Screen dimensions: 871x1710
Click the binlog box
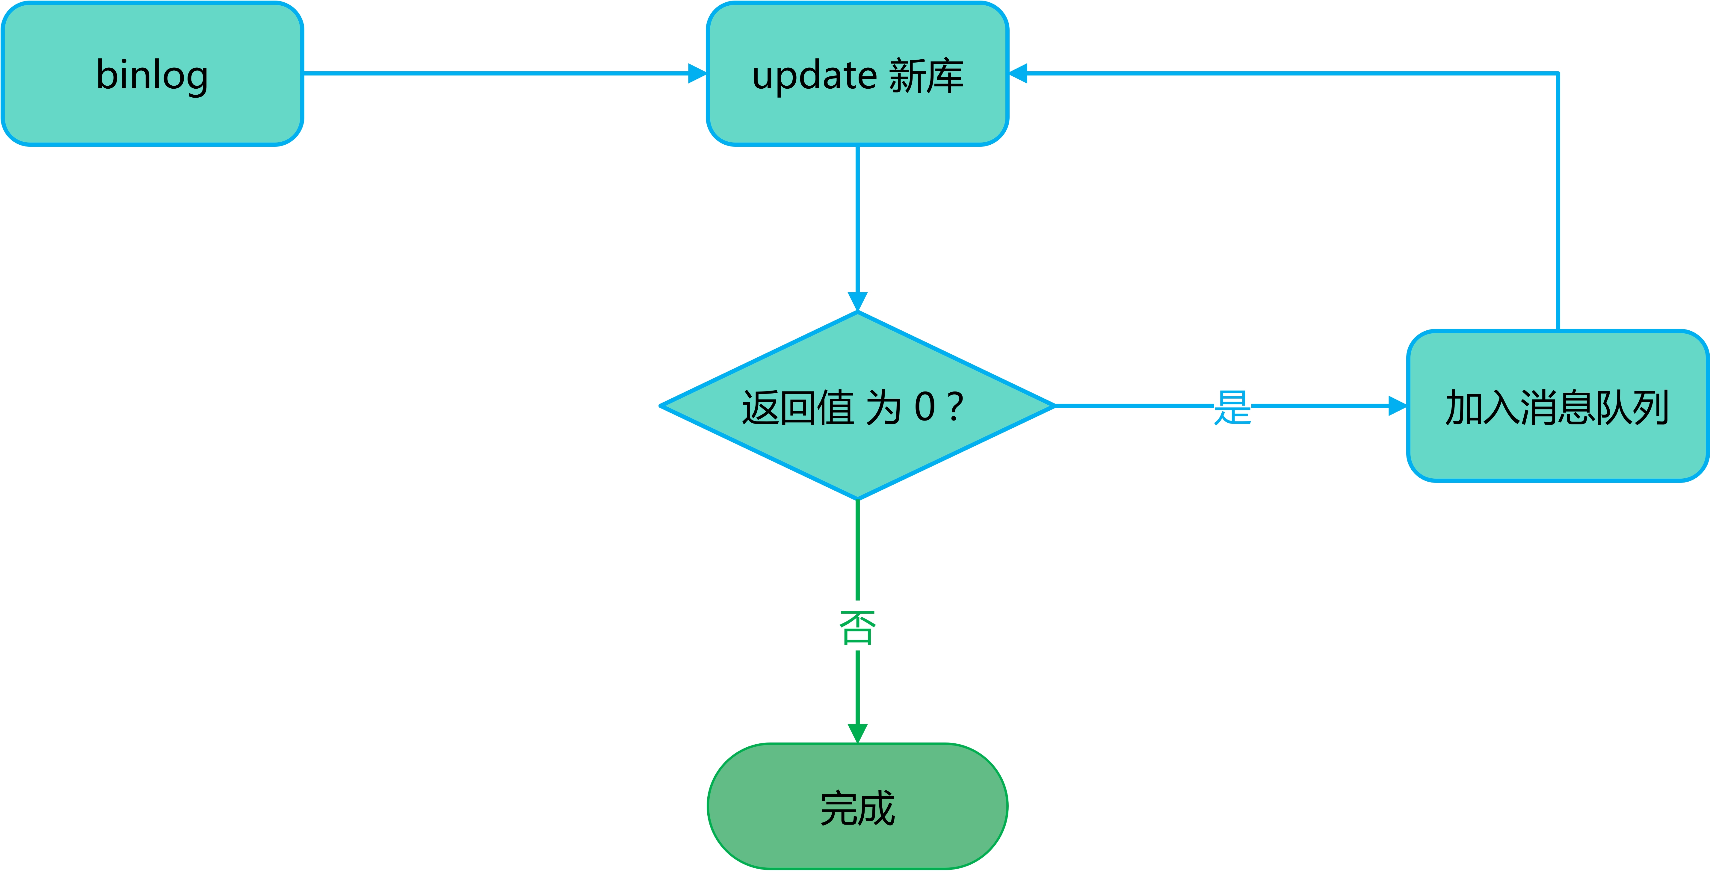153,74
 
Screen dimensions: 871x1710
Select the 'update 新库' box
858,74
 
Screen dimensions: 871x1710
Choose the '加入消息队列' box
1557,406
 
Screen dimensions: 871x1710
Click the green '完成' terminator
858,807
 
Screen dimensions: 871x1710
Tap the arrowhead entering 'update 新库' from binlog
697,73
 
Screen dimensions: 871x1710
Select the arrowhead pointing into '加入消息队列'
1397,406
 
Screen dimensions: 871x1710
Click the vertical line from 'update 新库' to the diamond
858,219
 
